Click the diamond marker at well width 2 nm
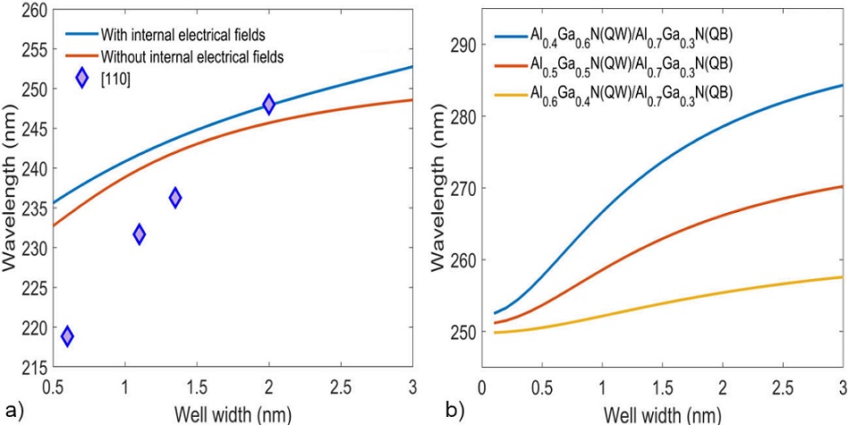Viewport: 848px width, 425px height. tap(268, 105)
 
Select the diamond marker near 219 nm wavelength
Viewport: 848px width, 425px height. tap(67, 336)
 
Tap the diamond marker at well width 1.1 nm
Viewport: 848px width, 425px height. tap(140, 234)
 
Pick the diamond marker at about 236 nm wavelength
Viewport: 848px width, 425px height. tap(175, 198)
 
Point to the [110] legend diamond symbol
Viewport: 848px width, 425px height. tap(82, 78)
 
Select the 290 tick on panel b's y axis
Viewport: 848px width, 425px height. tap(461, 45)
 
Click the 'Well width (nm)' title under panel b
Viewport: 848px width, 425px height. tap(662, 413)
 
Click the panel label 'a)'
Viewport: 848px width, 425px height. tap(10, 411)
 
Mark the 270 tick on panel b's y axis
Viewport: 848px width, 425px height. tap(461, 189)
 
